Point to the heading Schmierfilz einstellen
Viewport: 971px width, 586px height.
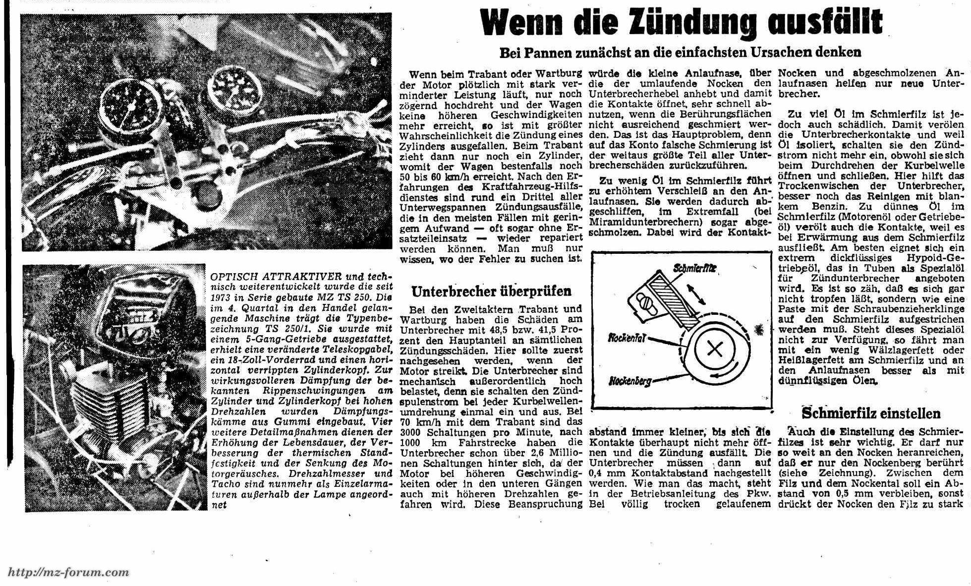click(x=871, y=413)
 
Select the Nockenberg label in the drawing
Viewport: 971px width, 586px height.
click(x=630, y=381)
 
